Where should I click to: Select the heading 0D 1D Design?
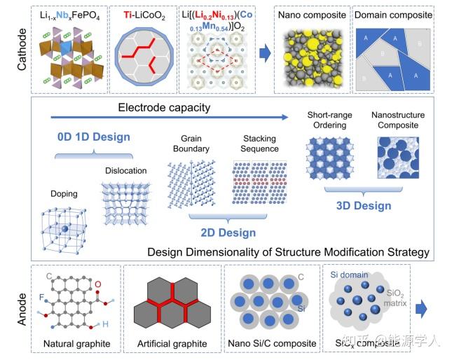tap(94, 136)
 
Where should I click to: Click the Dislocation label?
tap(126, 170)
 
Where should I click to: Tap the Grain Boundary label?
tap(196, 144)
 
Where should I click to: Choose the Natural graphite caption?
tap(76, 344)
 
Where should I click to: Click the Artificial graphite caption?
tap(172, 344)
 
